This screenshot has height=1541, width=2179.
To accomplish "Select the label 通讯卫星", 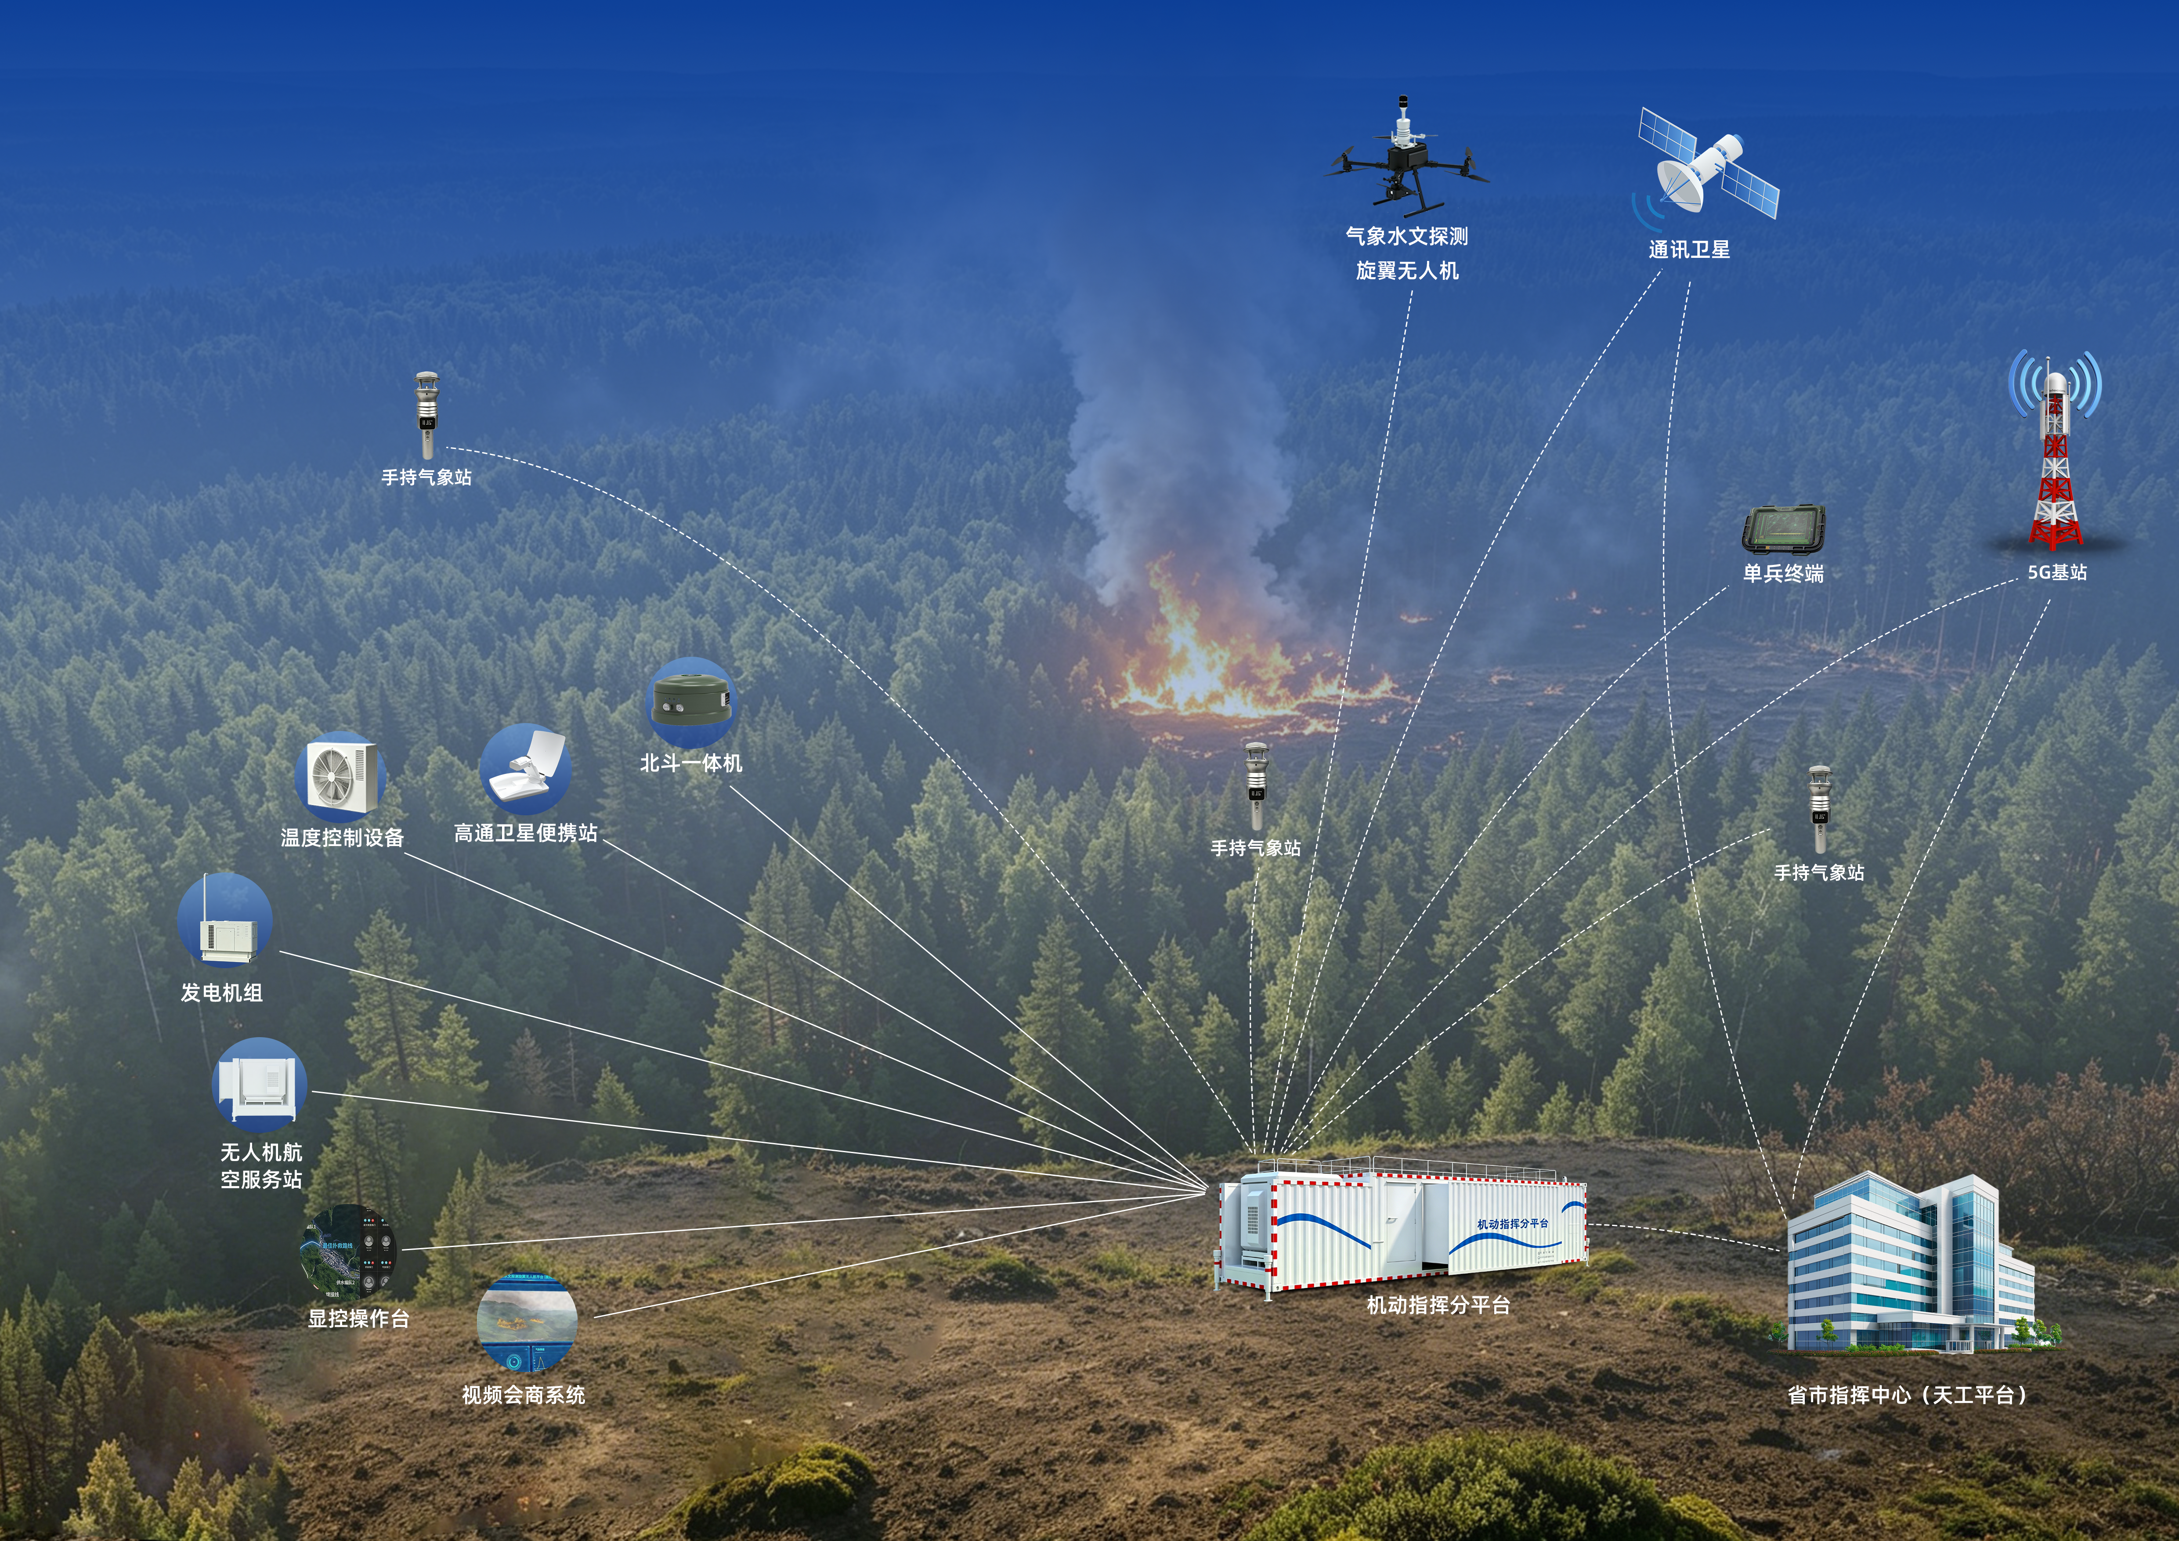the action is click(x=1689, y=250).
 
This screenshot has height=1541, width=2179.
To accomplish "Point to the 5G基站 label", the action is click(x=2057, y=572).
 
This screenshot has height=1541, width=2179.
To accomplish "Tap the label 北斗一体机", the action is click(x=691, y=763).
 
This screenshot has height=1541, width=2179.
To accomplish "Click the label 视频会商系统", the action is click(x=524, y=1395).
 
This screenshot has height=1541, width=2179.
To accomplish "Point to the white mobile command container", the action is click(x=1403, y=1224).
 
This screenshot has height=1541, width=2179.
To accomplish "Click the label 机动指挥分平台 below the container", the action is click(x=1438, y=1306).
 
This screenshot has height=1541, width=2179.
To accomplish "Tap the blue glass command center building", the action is click(x=1912, y=1262).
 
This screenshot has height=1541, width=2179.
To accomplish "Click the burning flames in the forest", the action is click(x=1234, y=655).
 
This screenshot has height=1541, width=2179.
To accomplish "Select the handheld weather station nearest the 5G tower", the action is click(x=1819, y=810).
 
